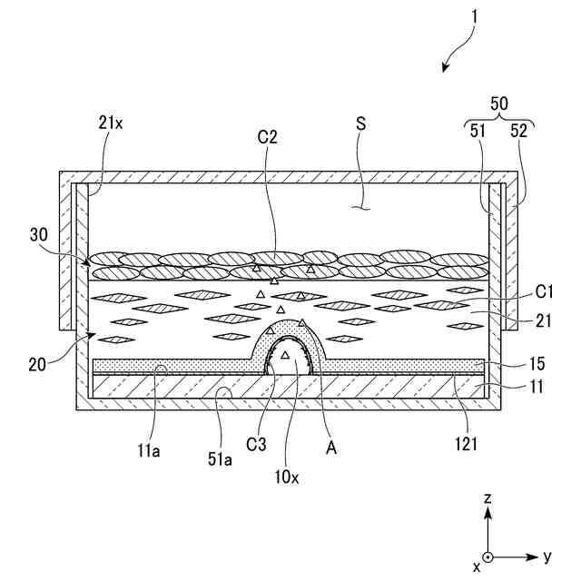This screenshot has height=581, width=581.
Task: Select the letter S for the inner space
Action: pos(360,124)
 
